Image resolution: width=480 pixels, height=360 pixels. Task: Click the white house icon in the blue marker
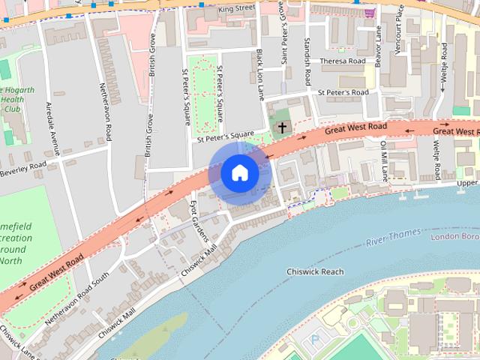(239, 172)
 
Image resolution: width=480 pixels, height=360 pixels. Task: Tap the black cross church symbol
(283, 127)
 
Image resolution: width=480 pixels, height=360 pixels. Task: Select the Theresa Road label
(342, 61)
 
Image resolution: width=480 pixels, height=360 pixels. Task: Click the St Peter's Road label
(342, 92)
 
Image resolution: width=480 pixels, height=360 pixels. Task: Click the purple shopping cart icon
(369, 13)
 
